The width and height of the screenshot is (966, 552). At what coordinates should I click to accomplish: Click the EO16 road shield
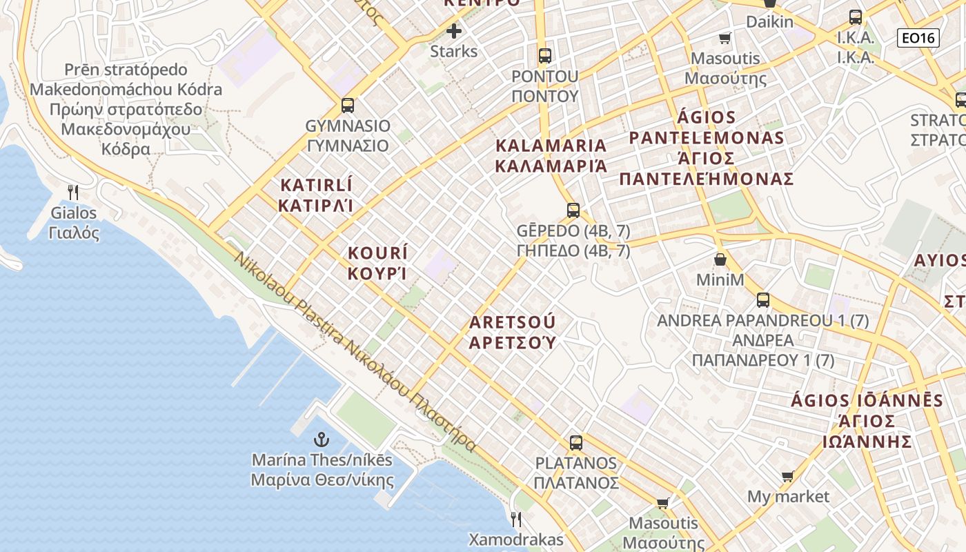tap(918, 38)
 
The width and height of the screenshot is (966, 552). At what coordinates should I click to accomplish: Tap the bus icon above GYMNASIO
tap(348, 106)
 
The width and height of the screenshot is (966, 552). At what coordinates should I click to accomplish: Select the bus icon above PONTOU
tap(545, 55)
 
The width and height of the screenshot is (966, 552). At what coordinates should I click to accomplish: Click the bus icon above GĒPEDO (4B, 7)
tap(573, 210)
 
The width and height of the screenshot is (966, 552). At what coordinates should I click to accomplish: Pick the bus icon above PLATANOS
tap(576, 443)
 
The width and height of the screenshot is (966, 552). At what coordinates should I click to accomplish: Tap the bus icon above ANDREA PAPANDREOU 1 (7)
tap(763, 300)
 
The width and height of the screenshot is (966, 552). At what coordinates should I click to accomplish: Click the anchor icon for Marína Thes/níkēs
tap(321, 440)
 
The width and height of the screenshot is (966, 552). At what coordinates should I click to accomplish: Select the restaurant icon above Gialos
tap(73, 193)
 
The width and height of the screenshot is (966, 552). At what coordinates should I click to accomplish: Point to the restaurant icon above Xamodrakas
tap(515, 519)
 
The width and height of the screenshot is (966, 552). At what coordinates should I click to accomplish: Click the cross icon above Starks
tap(453, 31)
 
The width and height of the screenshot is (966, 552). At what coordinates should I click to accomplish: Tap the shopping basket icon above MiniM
tap(720, 260)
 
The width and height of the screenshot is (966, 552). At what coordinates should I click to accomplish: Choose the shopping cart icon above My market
tap(788, 476)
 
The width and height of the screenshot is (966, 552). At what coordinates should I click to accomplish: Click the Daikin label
tap(769, 22)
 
